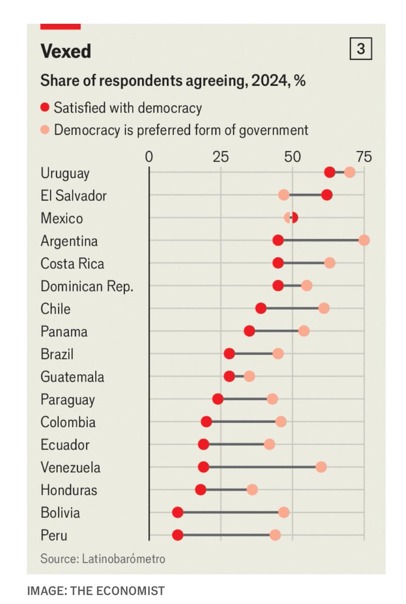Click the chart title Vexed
click(66, 51)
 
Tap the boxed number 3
click(361, 48)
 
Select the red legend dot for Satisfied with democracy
click(45, 108)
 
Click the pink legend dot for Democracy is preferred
click(45, 130)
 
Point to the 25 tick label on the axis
click(221, 157)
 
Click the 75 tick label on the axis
click(364, 157)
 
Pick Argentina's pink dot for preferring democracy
click(364, 240)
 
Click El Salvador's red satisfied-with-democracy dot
click(327, 195)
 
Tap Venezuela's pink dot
click(321, 467)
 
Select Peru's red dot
click(178, 535)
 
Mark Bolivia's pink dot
click(284, 512)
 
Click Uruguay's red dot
click(330, 172)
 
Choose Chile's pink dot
click(324, 308)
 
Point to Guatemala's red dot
click(230, 376)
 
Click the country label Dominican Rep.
click(87, 286)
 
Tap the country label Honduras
click(69, 490)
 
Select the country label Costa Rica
click(72, 263)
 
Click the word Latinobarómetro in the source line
click(124, 559)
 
